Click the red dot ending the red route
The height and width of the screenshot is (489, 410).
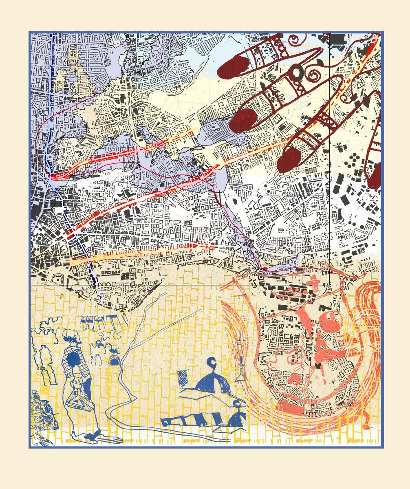coord(265,269)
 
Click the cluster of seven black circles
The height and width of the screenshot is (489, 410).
coord(353,160)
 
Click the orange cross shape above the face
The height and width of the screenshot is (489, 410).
coord(314,282)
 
